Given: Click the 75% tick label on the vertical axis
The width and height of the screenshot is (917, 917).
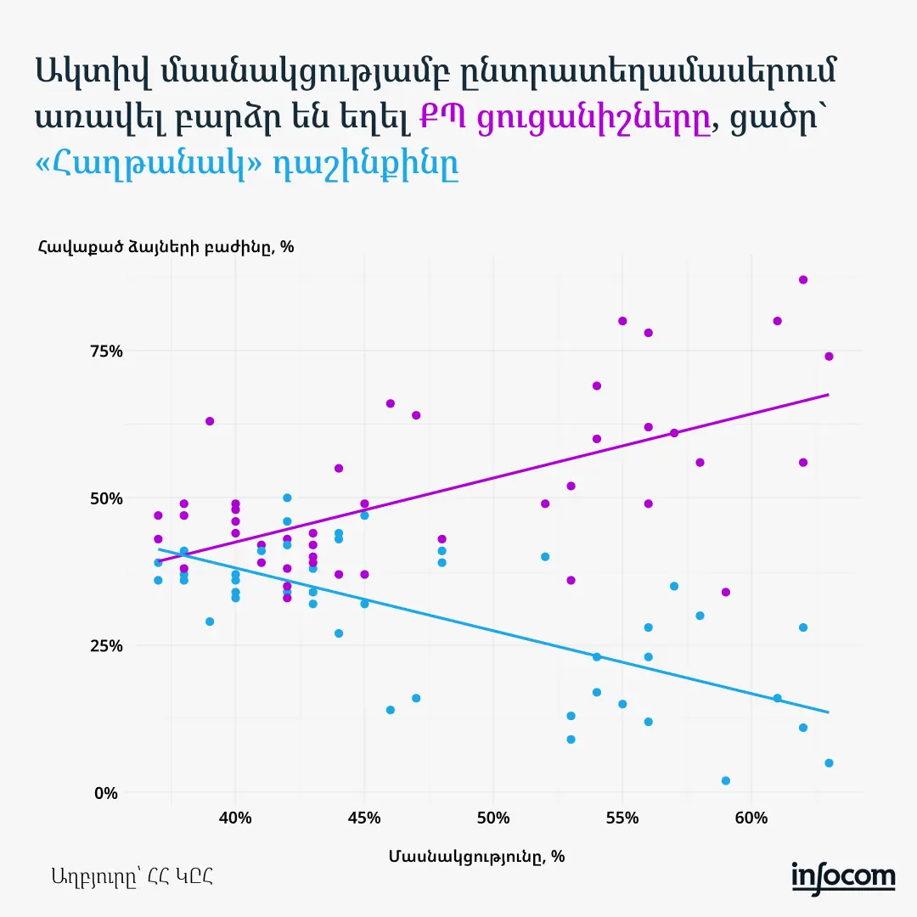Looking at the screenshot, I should (x=106, y=352).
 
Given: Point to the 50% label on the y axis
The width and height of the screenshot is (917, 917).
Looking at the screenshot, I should (x=106, y=498).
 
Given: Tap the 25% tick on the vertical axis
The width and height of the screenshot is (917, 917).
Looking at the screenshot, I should (x=106, y=645).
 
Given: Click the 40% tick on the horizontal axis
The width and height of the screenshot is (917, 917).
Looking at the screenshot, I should (x=235, y=819).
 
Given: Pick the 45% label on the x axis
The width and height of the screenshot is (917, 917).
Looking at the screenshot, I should (x=364, y=819).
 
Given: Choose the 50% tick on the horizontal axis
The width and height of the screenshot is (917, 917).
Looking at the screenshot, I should (x=493, y=819).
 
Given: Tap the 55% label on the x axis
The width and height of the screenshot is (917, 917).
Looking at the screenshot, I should (x=622, y=819).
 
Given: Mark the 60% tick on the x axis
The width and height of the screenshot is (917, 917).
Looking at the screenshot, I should (x=751, y=819).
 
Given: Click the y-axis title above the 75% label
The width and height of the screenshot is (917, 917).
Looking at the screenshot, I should (x=165, y=247).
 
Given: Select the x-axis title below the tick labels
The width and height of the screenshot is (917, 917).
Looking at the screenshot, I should (x=477, y=856).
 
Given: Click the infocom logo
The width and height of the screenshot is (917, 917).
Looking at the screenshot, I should (x=843, y=876).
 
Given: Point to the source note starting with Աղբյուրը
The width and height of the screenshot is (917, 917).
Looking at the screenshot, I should (x=132, y=876).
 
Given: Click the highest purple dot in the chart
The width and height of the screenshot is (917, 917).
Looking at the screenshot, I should (x=803, y=279).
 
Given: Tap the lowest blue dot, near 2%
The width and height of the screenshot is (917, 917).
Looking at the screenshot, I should (x=725, y=780).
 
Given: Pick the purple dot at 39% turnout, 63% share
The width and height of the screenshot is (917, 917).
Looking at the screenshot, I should (x=210, y=421).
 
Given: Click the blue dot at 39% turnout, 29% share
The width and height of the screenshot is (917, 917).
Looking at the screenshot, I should (x=210, y=622).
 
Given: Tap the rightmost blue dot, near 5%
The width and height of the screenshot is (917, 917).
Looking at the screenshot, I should (x=829, y=762).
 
